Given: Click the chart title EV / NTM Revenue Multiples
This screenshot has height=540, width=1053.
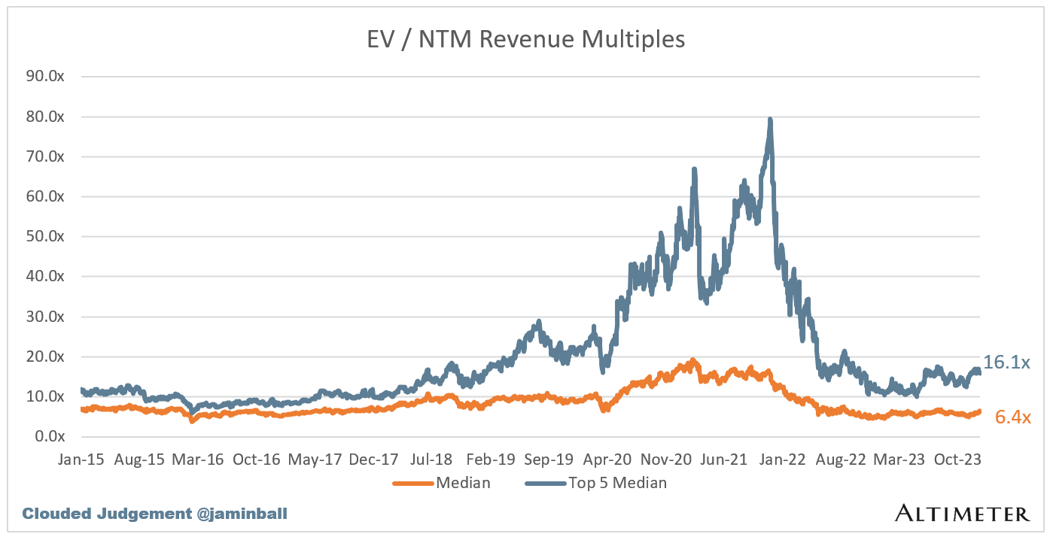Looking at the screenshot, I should tap(525, 39).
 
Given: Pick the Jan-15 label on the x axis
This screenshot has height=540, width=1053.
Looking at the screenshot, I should tap(80, 460).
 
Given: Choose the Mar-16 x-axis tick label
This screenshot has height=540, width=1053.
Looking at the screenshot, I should tap(200, 460).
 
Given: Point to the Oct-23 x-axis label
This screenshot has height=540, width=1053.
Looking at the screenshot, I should tap(957, 460).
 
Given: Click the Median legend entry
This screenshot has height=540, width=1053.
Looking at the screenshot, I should tap(442, 483).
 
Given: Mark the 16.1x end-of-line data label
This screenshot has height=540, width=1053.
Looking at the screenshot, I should tap(1006, 363).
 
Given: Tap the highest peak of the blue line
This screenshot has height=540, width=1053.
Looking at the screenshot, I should tap(770, 119).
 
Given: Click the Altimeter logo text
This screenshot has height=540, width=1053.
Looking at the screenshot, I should tap(962, 514).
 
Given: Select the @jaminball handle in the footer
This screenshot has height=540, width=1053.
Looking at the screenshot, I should tap(243, 514).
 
